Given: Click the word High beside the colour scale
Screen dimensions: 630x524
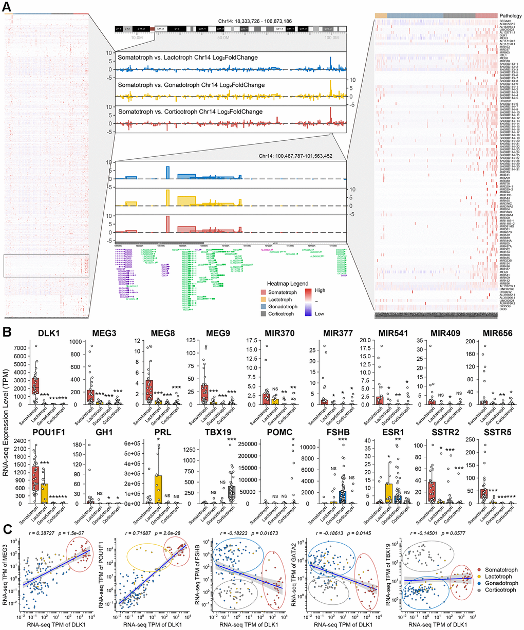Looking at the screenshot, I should [x=321, y=290].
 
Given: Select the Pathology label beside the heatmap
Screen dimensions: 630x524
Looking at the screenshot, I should [x=511, y=16].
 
